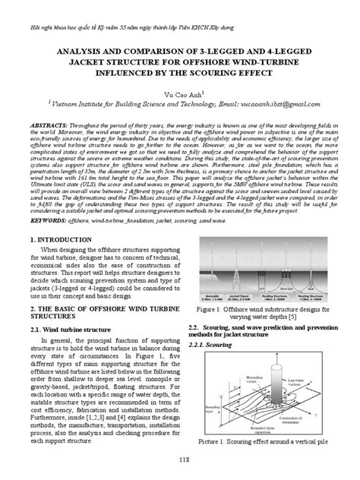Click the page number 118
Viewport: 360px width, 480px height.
pyautogui.click(x=179, y=462)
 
